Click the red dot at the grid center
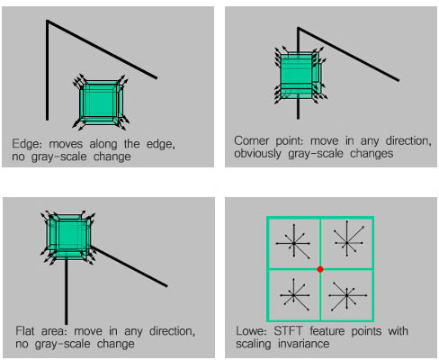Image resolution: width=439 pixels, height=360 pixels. [319, 268]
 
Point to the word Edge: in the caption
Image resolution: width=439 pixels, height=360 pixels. [25, 143]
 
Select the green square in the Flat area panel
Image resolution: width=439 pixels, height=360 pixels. [61, 236]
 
